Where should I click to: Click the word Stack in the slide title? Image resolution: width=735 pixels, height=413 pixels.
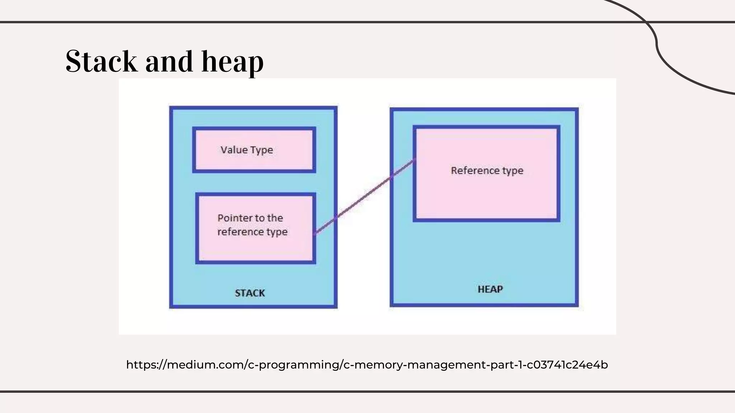101,62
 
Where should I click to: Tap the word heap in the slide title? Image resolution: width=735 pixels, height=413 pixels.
232,62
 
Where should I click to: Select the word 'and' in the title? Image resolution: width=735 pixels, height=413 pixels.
169,62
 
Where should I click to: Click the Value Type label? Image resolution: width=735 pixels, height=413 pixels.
247,150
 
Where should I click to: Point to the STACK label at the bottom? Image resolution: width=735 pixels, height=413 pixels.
250,293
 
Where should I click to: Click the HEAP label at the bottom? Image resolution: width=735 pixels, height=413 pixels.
490,289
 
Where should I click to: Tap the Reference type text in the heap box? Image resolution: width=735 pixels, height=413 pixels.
487,171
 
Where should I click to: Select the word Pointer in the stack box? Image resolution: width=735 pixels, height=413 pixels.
230,218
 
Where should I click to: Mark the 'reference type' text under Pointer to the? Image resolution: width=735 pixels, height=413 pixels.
252,232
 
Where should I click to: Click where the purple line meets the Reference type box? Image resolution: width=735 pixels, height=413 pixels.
415,160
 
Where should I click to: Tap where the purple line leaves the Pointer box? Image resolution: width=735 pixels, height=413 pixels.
314,234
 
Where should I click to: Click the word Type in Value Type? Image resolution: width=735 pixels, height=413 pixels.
262,150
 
